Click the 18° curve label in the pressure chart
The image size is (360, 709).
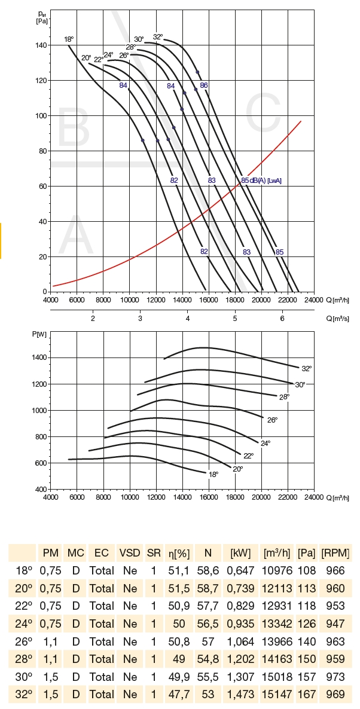coord(69,39)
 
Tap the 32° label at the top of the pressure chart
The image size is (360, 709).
coord(158,36)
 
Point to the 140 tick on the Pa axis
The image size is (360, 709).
coord(41,45)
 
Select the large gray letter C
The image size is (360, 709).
coord(267,119)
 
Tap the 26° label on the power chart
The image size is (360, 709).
coord(272,420)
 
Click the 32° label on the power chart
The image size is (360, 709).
coord(307,368)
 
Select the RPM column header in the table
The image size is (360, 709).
coord(335,552)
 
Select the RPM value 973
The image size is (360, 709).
coord(335,677)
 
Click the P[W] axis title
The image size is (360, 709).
coord(40,334)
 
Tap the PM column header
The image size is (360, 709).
coord(50,552)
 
